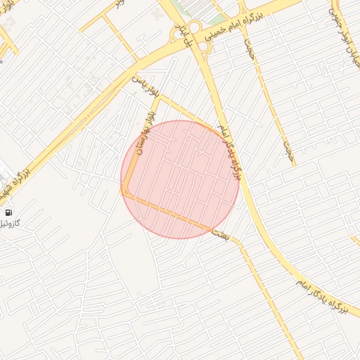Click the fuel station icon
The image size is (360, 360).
tap(8, 212)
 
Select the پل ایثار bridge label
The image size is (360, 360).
tap(187, 42)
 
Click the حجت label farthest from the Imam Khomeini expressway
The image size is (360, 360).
tap(287, 149)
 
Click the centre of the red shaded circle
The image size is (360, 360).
tap(180, 179)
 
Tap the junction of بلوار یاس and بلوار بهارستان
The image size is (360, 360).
tap(160, 98)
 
